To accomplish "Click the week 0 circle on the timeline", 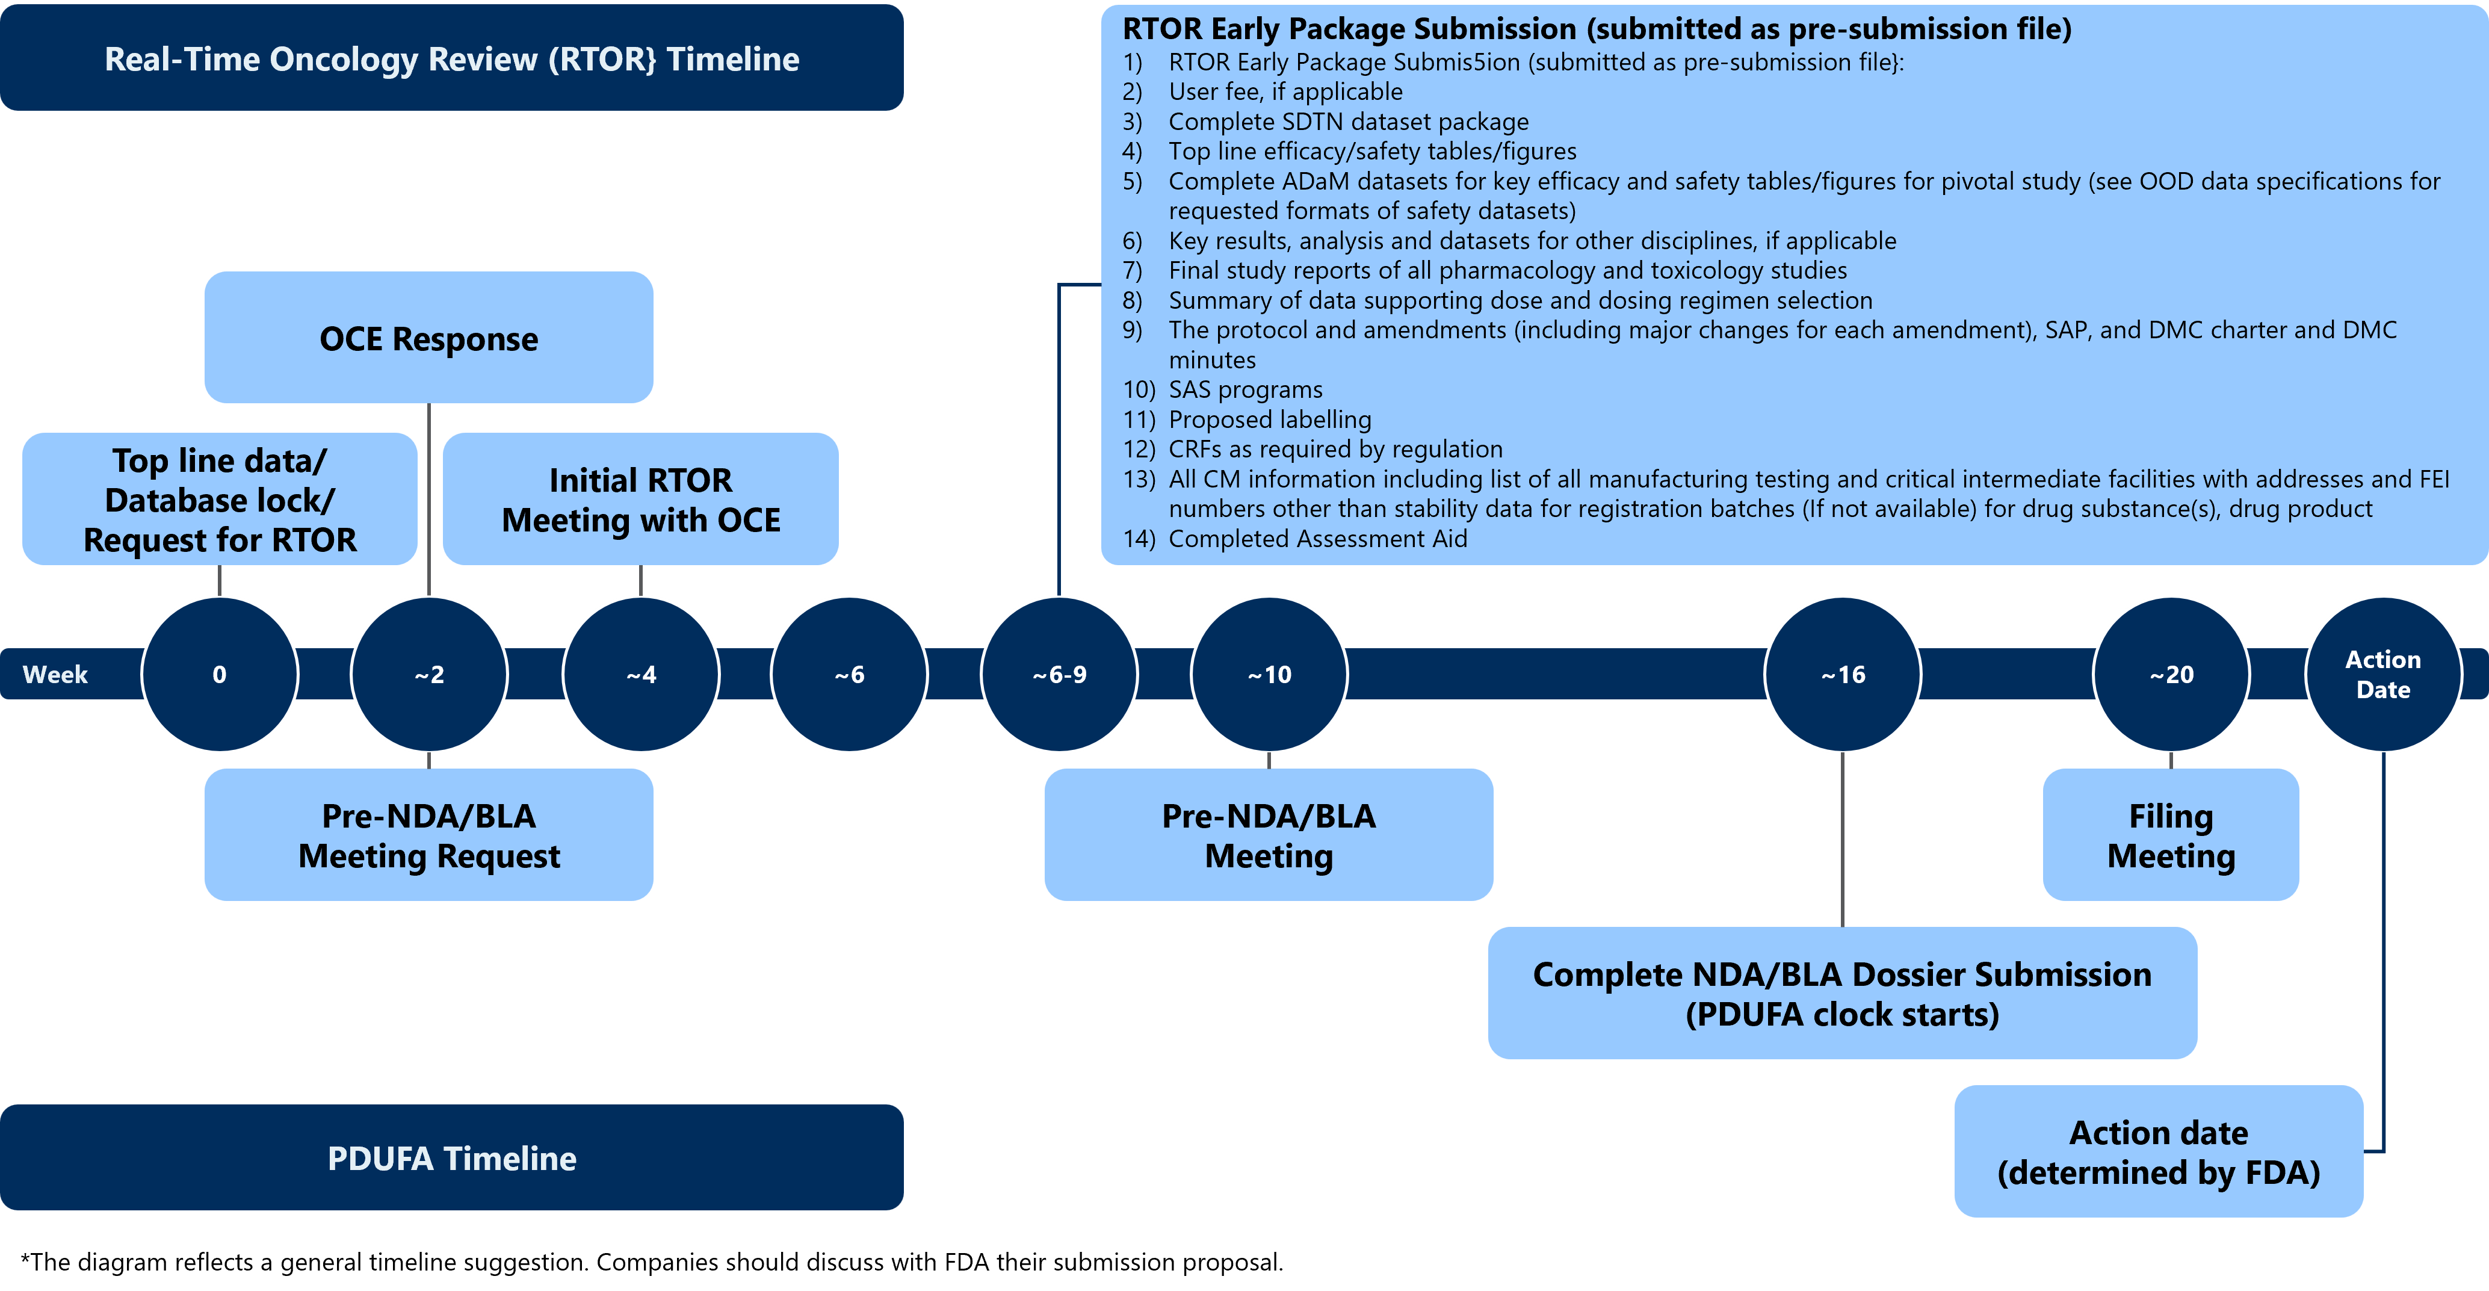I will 219,675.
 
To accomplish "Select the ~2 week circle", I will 429,675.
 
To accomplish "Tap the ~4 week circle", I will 641,675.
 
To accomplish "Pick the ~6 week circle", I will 849,675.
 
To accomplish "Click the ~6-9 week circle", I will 1059,675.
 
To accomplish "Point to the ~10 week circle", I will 1269,675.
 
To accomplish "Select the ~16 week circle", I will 1843,675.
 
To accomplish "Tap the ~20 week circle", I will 2171,675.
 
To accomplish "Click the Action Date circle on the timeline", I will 2382,675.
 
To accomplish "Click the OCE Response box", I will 429,338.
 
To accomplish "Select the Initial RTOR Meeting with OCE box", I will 641,500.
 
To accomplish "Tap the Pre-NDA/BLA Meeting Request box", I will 429,835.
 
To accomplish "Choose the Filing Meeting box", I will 2171,835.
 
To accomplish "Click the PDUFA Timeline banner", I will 451,1157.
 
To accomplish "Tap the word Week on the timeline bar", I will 55,675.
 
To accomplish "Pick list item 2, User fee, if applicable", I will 1285,92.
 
